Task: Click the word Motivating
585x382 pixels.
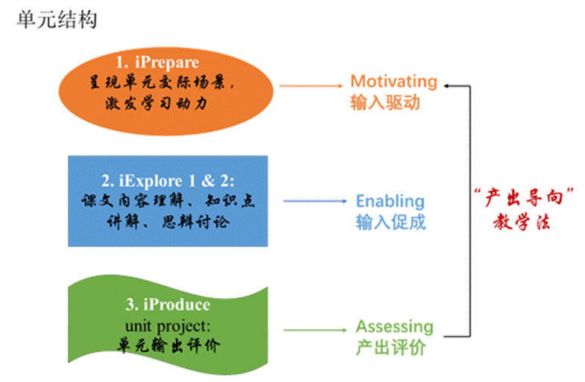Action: [x=393, y=81]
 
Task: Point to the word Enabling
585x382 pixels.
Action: [x=390, y=201]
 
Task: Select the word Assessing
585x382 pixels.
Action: [x=394, y=326]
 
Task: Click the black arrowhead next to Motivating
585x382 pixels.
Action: [x=447, y=86]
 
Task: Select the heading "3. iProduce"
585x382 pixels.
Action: [x=168, y=305]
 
